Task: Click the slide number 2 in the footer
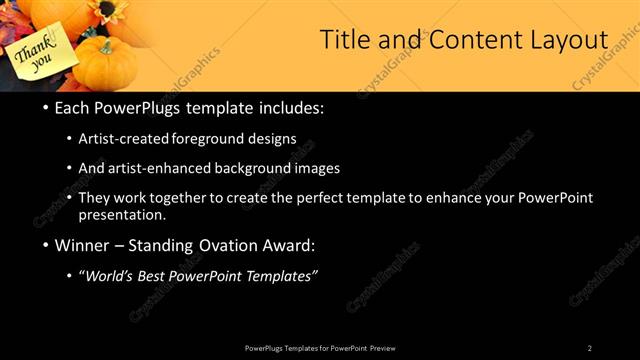(590, 348)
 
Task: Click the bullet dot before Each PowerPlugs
(46, 107)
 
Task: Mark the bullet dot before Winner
(46, 245)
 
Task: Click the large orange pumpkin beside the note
(107, 65)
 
